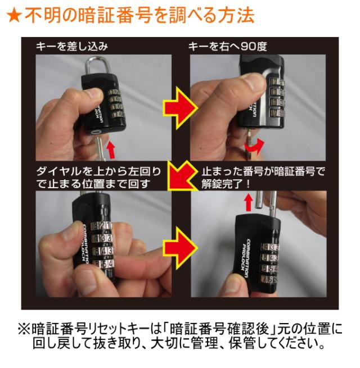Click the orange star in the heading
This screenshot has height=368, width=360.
14,16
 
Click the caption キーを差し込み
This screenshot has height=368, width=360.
72,46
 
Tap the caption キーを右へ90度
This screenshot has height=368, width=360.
227,46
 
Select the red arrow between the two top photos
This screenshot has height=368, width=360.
181,108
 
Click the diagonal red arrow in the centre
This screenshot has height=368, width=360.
181,175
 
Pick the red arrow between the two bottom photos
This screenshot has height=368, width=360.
181,248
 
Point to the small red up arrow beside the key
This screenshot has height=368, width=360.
111,149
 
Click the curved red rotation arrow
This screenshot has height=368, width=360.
254,147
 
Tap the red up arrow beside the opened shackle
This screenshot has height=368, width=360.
249,203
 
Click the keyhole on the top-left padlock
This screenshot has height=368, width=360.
96,132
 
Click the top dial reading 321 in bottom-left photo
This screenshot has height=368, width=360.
101,226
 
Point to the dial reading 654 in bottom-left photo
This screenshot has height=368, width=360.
103,264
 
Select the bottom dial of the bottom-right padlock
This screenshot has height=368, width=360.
269,279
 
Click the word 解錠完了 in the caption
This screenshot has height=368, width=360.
220,184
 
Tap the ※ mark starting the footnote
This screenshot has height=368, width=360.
24,329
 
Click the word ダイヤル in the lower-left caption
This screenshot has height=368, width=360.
58,171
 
